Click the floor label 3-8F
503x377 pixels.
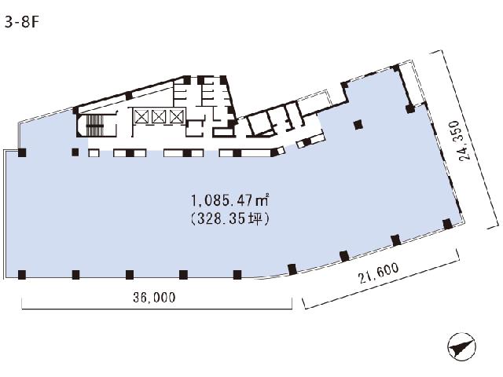click(x=21, y=23)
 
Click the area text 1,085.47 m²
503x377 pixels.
click(x=229, y=201)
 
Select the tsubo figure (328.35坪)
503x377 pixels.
click(x=229, y=219)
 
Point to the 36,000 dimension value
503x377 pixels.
click(x=154, y=298)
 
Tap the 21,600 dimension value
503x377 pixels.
click(x=379, y=273)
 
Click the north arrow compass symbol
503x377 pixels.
click(x=461, y=346)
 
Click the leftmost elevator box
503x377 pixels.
click(x=141, y=116)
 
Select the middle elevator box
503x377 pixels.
click(x=159, y=116)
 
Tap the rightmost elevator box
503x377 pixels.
click(x=176, y=116)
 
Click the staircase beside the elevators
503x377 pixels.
click(x=95, y=126)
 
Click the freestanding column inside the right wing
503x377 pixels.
click(x=358, y=124)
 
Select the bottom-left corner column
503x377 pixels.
click(x=22, y=275)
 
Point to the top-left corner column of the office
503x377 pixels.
click(x=22, y=152)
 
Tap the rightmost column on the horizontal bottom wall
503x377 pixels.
click(x=237, y=275)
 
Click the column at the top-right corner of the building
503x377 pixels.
click(x=396, y=68)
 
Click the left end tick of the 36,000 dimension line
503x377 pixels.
click(x=22, y=303)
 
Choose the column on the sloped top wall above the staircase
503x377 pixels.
click(x=129, y=96)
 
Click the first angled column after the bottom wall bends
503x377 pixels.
click(x=292, y=269)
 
